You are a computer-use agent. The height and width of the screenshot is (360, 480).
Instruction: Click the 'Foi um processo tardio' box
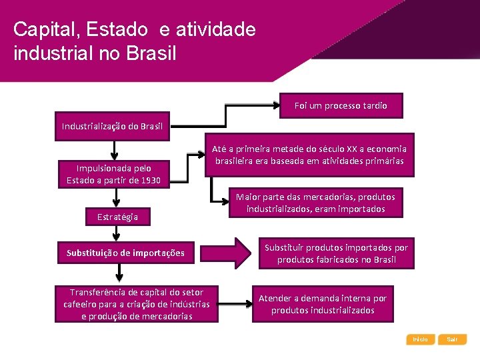click(341, 105)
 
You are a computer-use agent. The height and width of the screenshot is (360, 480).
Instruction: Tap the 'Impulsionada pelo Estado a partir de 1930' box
click(113, 174)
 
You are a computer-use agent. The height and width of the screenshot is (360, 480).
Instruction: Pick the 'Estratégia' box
click(117, 217)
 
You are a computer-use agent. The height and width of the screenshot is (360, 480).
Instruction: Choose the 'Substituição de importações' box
click(125, 253)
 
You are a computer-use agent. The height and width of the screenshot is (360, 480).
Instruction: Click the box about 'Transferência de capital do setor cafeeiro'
click(137, 303)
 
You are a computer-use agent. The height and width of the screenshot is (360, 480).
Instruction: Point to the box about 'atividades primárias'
click(309, 155)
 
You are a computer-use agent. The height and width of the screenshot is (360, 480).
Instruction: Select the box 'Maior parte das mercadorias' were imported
click(315, 203)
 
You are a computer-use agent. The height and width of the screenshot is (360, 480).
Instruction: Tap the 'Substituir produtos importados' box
click(336, 253)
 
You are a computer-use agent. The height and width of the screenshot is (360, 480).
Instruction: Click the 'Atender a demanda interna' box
click(323, 304)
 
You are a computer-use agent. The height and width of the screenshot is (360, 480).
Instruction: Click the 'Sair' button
click(453, 339)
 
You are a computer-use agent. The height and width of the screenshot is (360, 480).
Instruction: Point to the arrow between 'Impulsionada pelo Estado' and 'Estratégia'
click(117, 197)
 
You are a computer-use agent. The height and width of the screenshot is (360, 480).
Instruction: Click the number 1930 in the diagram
click(149, 181)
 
